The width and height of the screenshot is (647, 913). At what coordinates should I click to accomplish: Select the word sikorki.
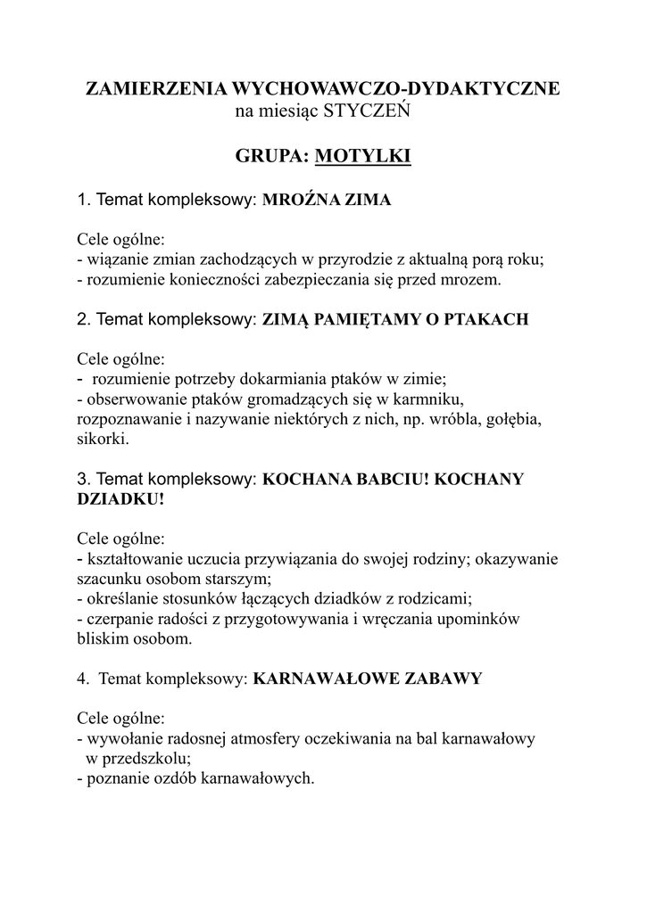pyautogui.click(x=104, y=440)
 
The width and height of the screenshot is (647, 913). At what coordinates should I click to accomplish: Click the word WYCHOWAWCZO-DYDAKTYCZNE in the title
pyautogui.click(x=396, y=89)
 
